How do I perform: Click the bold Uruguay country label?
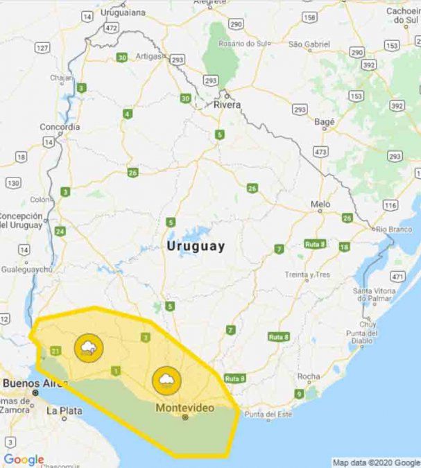(196, 247)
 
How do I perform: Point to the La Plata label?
(60, 410)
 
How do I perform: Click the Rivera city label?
(227, 105)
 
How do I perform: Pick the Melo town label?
(320, 205)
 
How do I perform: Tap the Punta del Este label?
(268, 415)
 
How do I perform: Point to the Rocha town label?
(308, 376)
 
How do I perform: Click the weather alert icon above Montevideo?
(167, 379)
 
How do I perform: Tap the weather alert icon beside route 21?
(88, 348)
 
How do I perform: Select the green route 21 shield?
(56, 350)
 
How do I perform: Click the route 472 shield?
(111, 28)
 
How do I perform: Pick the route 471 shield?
(397, 277)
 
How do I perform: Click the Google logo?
(24, 459)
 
